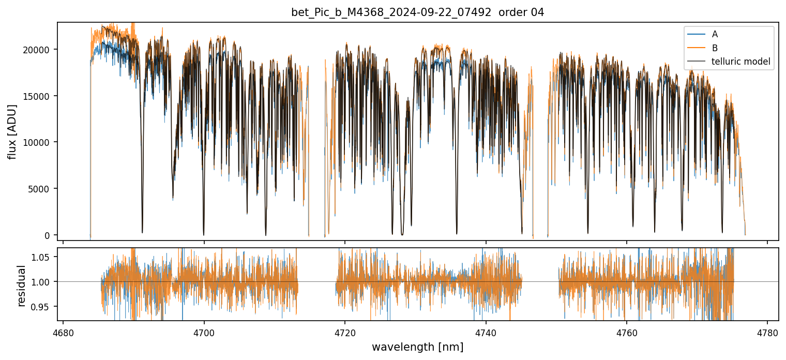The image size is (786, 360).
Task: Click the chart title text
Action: pyautogui.click(x=417, y=12)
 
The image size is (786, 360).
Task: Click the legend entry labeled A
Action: pyautogui.click(x=715, y=34)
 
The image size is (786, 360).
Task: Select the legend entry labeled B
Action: pyautogui.click(x=715, y=48)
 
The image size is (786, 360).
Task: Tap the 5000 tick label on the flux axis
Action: pyautogui.click(x=41, y=189)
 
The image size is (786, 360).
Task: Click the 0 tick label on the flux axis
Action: pyautogui.click(x=48, y=235)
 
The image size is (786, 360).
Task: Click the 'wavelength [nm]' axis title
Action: pyautogui.click(x=417, y=347)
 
